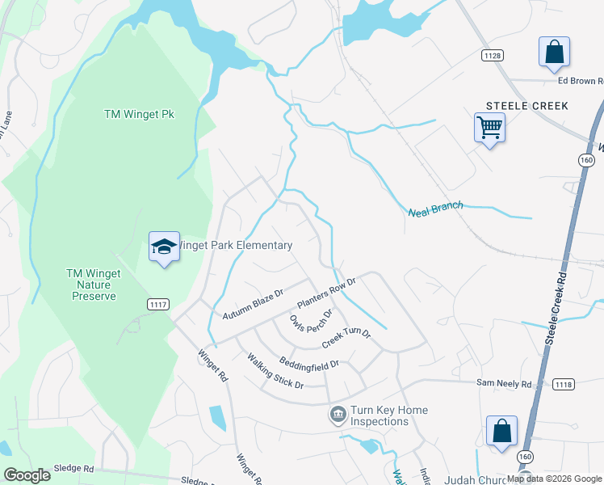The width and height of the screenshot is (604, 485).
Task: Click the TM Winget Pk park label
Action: click(139, 114)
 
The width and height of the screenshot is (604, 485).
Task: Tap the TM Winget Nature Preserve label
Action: click(93, 285)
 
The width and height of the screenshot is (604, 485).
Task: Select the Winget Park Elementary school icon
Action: click(164, 247)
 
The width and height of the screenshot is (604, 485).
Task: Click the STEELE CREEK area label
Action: click(526, 106)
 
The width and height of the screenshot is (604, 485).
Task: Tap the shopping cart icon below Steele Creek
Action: click(489, 127)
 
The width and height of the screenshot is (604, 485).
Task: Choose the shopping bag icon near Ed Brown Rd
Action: click(555, 53)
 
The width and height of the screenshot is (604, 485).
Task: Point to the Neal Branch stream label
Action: click(436, 209)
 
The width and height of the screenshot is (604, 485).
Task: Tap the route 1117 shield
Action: click(158, 303)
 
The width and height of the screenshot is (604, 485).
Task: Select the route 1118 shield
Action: click(562, 386)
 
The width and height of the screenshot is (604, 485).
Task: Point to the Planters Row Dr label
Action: click(326, 293)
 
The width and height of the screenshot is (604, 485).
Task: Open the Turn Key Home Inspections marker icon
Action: click(338, 415)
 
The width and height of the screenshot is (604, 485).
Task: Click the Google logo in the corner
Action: click(27, 475)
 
